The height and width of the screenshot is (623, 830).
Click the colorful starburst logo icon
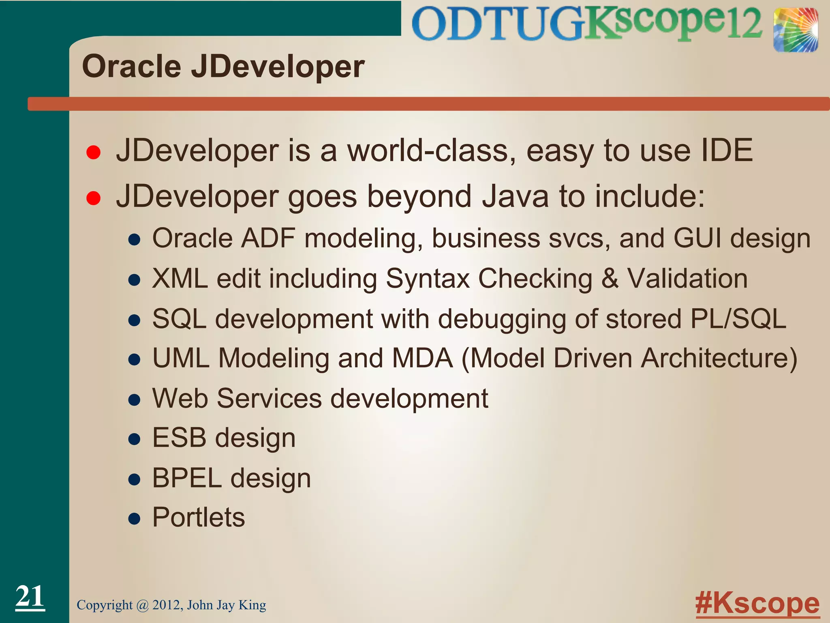795,30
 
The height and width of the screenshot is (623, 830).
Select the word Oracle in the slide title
131,67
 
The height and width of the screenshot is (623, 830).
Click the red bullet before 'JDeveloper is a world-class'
94,153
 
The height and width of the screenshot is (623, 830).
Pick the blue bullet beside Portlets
134,519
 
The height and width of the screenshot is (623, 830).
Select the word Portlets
199,518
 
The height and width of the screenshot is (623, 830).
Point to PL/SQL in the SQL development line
738,319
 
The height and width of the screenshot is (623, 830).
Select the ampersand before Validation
610,279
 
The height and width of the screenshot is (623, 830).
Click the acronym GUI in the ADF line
697,238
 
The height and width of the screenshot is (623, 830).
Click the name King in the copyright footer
252,605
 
